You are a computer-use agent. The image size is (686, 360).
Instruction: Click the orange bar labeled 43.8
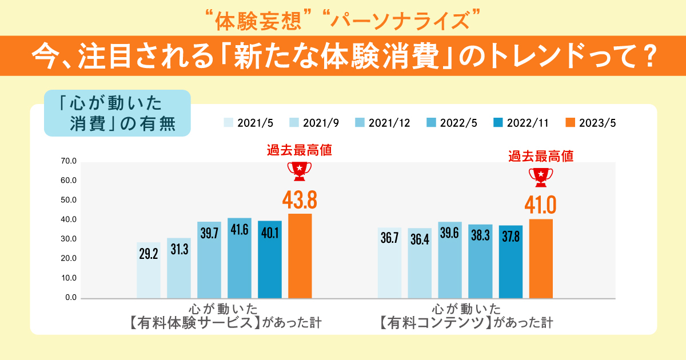[x=300, y=255]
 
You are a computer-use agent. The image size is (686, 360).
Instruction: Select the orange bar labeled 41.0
[x=541, y=258]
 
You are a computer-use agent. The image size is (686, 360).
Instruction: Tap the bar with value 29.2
[x=149, y=270]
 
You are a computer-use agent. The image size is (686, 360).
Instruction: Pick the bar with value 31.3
[x=179, y=267]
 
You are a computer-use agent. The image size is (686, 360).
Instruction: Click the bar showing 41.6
[x=239, y=258]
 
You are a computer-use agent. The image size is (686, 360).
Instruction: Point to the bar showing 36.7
[x=389, y=263]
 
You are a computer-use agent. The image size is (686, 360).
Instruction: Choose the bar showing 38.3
[x=480, y=261]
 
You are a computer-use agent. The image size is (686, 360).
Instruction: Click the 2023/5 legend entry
[x=591, y=122]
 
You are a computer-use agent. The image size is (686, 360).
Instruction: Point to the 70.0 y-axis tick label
[x=68, y=162]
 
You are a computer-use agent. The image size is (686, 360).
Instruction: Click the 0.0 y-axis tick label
[x=70, y=298]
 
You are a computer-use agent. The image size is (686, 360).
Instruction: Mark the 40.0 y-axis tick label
[x=68, y=220]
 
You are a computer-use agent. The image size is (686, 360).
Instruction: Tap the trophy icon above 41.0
[x=541, y=177]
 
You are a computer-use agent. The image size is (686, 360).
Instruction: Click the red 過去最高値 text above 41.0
[x=541, y=155]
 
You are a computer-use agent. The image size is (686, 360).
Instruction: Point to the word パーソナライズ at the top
[x=400, y=21]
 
